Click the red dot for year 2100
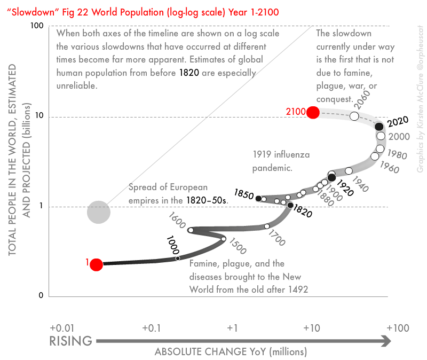(313, 112)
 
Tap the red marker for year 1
(96, 264)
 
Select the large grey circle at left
(98, 212)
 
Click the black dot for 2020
(379, 127)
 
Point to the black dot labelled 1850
(259, 199)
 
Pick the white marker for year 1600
(191, 230)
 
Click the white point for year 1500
(224, 239)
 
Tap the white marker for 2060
(354, 116)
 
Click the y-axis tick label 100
(36, 26)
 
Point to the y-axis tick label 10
(39, 117)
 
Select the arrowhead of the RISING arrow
(386, 340)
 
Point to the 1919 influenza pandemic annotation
(281, 161)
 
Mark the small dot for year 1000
(178, 259)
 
